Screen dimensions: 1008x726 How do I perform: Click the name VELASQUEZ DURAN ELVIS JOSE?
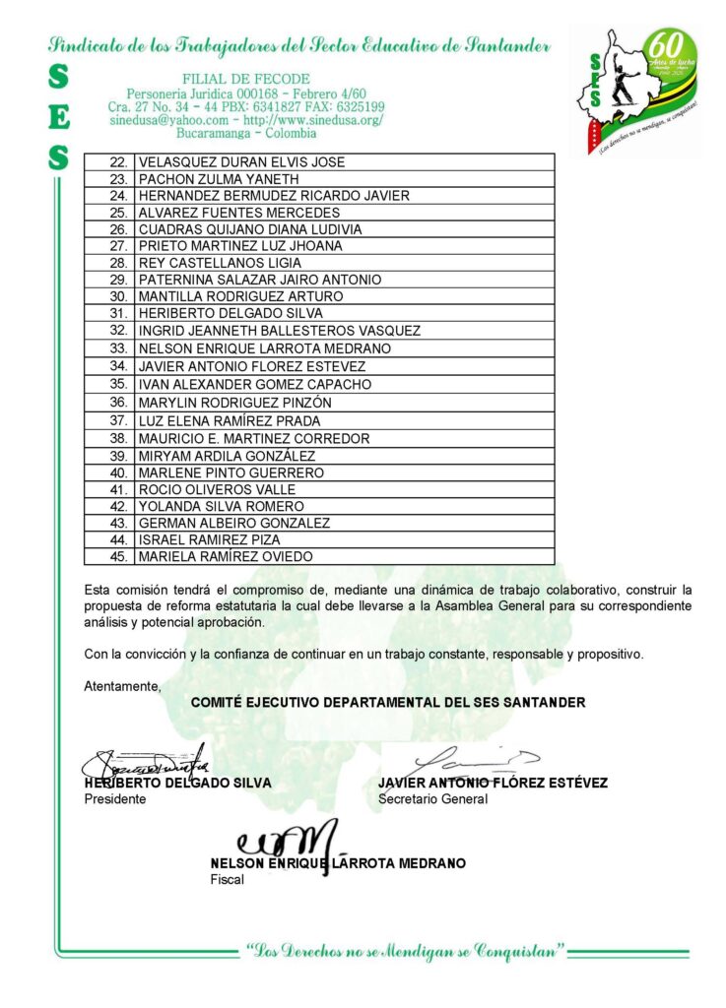tap(241, 161)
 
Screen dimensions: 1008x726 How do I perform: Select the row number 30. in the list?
tap(118, 296)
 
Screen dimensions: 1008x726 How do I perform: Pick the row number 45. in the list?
tap(118, 556)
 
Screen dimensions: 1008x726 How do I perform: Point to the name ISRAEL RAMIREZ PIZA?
tap(209, 539)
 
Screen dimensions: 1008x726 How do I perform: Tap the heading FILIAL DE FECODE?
tap(246, 79)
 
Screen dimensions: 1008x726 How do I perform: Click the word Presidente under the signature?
tap(115, 799)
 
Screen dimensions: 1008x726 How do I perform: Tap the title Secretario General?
tap(432, 799)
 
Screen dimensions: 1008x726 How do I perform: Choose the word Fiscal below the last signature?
tap(227, 879)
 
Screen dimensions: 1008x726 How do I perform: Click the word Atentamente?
tap(122, 685)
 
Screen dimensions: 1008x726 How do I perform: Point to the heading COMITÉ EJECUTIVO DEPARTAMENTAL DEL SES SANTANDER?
tap(388, 702)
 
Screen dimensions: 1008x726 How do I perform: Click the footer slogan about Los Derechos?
tap(407, 951)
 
